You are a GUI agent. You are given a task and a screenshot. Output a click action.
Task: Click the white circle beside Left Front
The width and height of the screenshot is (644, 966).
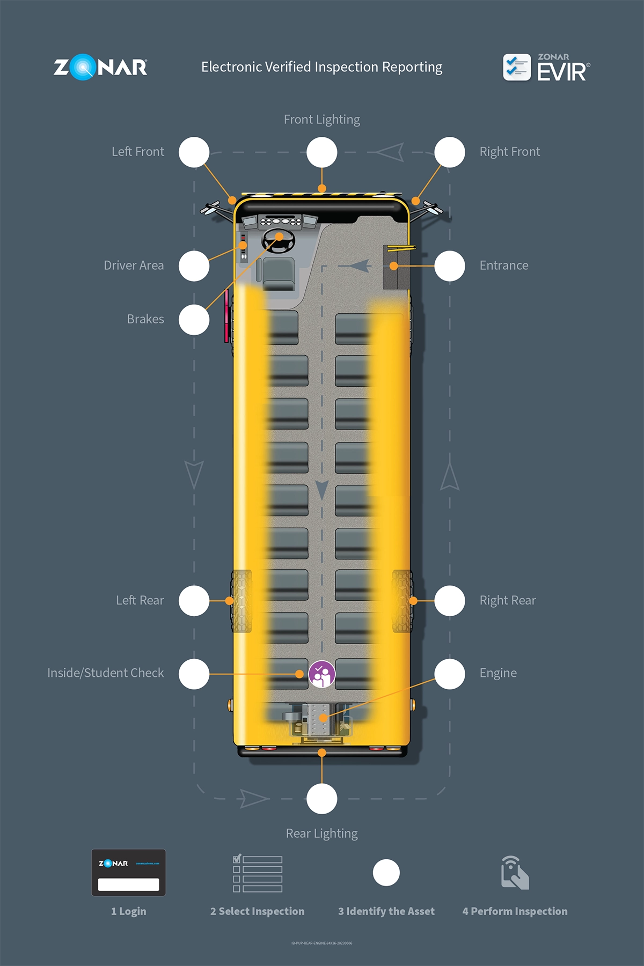(194, 152)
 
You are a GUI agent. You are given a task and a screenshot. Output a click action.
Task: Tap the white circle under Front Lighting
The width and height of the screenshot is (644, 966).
(322, 152)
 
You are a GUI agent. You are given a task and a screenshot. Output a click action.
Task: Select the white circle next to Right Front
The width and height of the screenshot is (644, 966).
(450, 152)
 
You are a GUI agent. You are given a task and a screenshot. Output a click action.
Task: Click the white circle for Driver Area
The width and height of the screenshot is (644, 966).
(194, 266)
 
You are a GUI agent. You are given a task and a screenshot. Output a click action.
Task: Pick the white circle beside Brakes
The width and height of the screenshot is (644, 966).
(194, 320)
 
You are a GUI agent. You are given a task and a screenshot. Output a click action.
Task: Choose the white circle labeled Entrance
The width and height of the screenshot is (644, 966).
(450, 266)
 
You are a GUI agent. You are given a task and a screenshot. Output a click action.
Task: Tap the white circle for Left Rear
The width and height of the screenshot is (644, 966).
(194, 601)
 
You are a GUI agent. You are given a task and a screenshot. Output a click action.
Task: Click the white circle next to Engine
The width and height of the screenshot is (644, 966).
(450, 674)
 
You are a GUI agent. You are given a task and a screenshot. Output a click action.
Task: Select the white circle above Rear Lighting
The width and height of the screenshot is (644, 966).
(322, 799)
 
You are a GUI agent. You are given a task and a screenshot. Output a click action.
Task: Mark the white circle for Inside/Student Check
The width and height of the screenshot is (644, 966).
(194, 674)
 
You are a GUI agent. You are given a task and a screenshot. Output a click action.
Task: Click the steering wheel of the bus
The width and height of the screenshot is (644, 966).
(279, 240)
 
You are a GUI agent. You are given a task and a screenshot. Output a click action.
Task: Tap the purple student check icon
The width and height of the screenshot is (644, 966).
(321, 674)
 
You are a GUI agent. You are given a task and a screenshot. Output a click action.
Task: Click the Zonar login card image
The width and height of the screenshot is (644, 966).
(128, 873)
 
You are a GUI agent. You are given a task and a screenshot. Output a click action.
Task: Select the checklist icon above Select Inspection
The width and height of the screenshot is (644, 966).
(258, 874)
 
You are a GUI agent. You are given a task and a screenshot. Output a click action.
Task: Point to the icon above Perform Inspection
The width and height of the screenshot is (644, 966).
(515, 873)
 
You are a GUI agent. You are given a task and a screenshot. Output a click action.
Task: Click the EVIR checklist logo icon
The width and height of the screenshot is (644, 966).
(517, 68)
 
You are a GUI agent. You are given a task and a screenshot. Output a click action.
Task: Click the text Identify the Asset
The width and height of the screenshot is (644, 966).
(386, 911)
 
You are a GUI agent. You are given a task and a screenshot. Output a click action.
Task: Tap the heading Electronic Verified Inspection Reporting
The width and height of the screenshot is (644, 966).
(322, 67)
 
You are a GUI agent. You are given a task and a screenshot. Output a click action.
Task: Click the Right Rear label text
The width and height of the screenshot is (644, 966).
(508, 601)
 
